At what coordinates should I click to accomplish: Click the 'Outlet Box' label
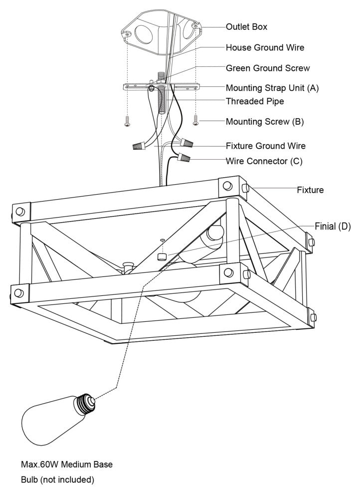[246, 26]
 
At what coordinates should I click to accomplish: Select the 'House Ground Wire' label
[265, 47]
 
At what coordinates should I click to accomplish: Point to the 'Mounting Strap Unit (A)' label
[272, 88]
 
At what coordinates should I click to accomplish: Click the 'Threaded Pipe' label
[255, 101]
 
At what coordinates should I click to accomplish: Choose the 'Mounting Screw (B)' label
[264, 121]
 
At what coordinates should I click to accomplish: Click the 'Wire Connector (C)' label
[264, 161]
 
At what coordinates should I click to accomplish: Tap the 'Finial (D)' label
[333, 226]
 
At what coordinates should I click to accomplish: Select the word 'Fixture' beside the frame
[310, 190]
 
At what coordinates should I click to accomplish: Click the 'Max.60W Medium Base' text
[67, 465]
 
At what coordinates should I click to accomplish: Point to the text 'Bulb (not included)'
[57, 480]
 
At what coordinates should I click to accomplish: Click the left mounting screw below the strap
[127, 121]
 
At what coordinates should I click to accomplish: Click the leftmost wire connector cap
[138, 146]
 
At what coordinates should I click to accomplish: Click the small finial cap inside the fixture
[162, 257]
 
